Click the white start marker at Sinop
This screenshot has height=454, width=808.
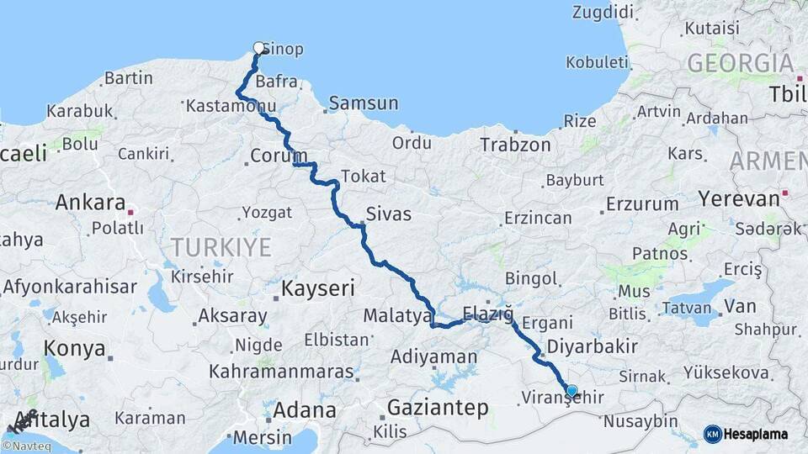pyautogui.click(x=259, y=48)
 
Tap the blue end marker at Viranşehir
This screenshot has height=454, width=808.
pyautogui.click(x=572, y=390)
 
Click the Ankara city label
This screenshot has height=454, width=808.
pyautogui.click(x=90, y=203)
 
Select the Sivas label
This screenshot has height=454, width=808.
pyautogui.click(x=389, y=214)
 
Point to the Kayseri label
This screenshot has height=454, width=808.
pyautogui.click(x=318, y=288)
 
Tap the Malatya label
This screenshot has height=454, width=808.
pyautogui.click(x=397, y=316)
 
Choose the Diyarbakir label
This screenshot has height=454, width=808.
pyautogui.click(x=592, y=346)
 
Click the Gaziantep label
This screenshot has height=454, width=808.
pyautogui.click(x=438, y=408)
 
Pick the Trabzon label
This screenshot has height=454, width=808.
pyautogui.click(x=515, y=145)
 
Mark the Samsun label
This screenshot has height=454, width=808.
pyautogui.click(x=364, y=103)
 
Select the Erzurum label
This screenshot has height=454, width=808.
pyautogui.click(x=642, y=203)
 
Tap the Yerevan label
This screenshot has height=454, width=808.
pyautogui.click(x=739, y=199)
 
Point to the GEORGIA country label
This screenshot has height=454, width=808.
pyautogui.click(x=741, y=63)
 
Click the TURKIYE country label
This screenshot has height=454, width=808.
pyautogui.click(x=221, y=247)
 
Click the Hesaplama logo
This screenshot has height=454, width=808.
pyautogui.click(x=747, y=434)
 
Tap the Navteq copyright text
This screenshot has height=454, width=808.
pyautogui.click(x=26, y=446)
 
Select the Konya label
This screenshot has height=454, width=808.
pyautogui.click(x=75, y=348)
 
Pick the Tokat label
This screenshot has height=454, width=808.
pyautogui.click(x=364, y=177)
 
